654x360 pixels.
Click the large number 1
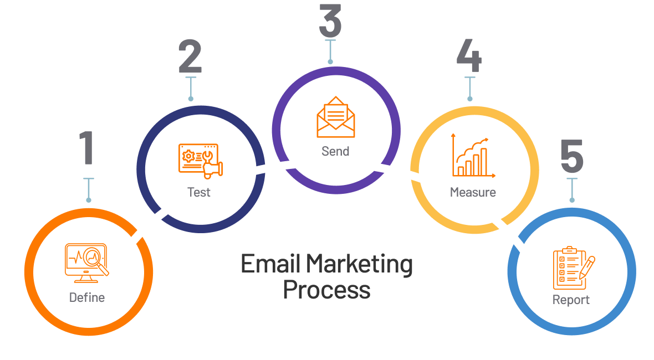(86, 148)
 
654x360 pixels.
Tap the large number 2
(190, 57)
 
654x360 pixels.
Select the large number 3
(330, 20)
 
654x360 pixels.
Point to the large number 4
(469, 57)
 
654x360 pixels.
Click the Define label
(87, 297)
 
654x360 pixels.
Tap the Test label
(199, 192)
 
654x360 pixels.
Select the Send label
(335, 151)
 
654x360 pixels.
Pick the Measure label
(473, 192)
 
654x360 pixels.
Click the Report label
(571, 300)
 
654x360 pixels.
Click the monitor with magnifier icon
(87, 260)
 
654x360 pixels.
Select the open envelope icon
(335, 117)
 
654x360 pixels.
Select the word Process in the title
(326, 290)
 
